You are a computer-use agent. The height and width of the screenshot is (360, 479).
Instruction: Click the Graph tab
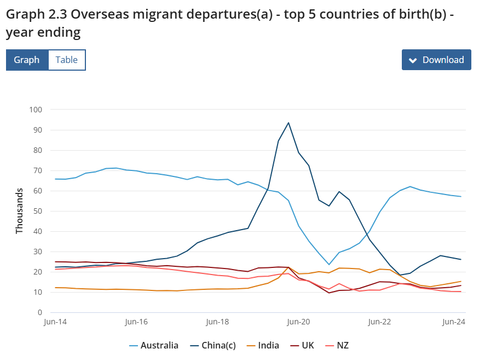click(x=27, y=60)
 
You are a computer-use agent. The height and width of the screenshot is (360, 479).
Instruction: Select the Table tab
click(x=67, y=60)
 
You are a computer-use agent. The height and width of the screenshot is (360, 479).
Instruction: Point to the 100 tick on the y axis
click(x=36, y=110)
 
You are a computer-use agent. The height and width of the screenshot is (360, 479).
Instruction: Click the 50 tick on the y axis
click(x=37, y=211)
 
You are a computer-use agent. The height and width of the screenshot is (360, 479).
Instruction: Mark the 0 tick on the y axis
click(x=39, y=312)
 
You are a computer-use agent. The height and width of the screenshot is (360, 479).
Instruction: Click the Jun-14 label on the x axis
click(x=55, y=322)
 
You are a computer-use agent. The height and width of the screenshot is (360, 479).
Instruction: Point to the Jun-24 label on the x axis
click(x=453, y=322)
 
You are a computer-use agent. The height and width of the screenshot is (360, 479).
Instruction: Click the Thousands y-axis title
click(x=20, y=211)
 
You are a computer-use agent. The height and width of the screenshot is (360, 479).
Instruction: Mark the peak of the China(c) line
click(x=288, y=123)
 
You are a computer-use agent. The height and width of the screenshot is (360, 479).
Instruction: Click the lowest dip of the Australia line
click(x=329, y=265)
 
